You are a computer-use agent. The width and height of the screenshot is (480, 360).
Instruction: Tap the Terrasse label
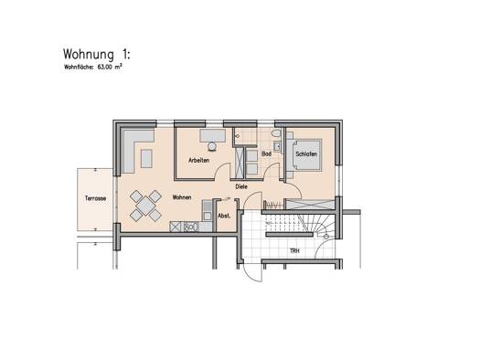[94, 198]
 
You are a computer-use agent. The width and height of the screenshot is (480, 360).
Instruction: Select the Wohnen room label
[181, 196]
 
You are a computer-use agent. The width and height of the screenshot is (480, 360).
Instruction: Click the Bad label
[267, 154]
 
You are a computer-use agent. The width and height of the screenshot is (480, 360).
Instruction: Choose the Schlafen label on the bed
[306, 154]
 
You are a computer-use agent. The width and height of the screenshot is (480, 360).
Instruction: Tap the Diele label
[241, 185]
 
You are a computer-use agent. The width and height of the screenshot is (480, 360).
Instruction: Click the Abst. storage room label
[224, 216]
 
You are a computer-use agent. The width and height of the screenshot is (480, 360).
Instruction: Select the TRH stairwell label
[294, 250]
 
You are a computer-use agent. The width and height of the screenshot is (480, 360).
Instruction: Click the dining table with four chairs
[143, 205]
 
